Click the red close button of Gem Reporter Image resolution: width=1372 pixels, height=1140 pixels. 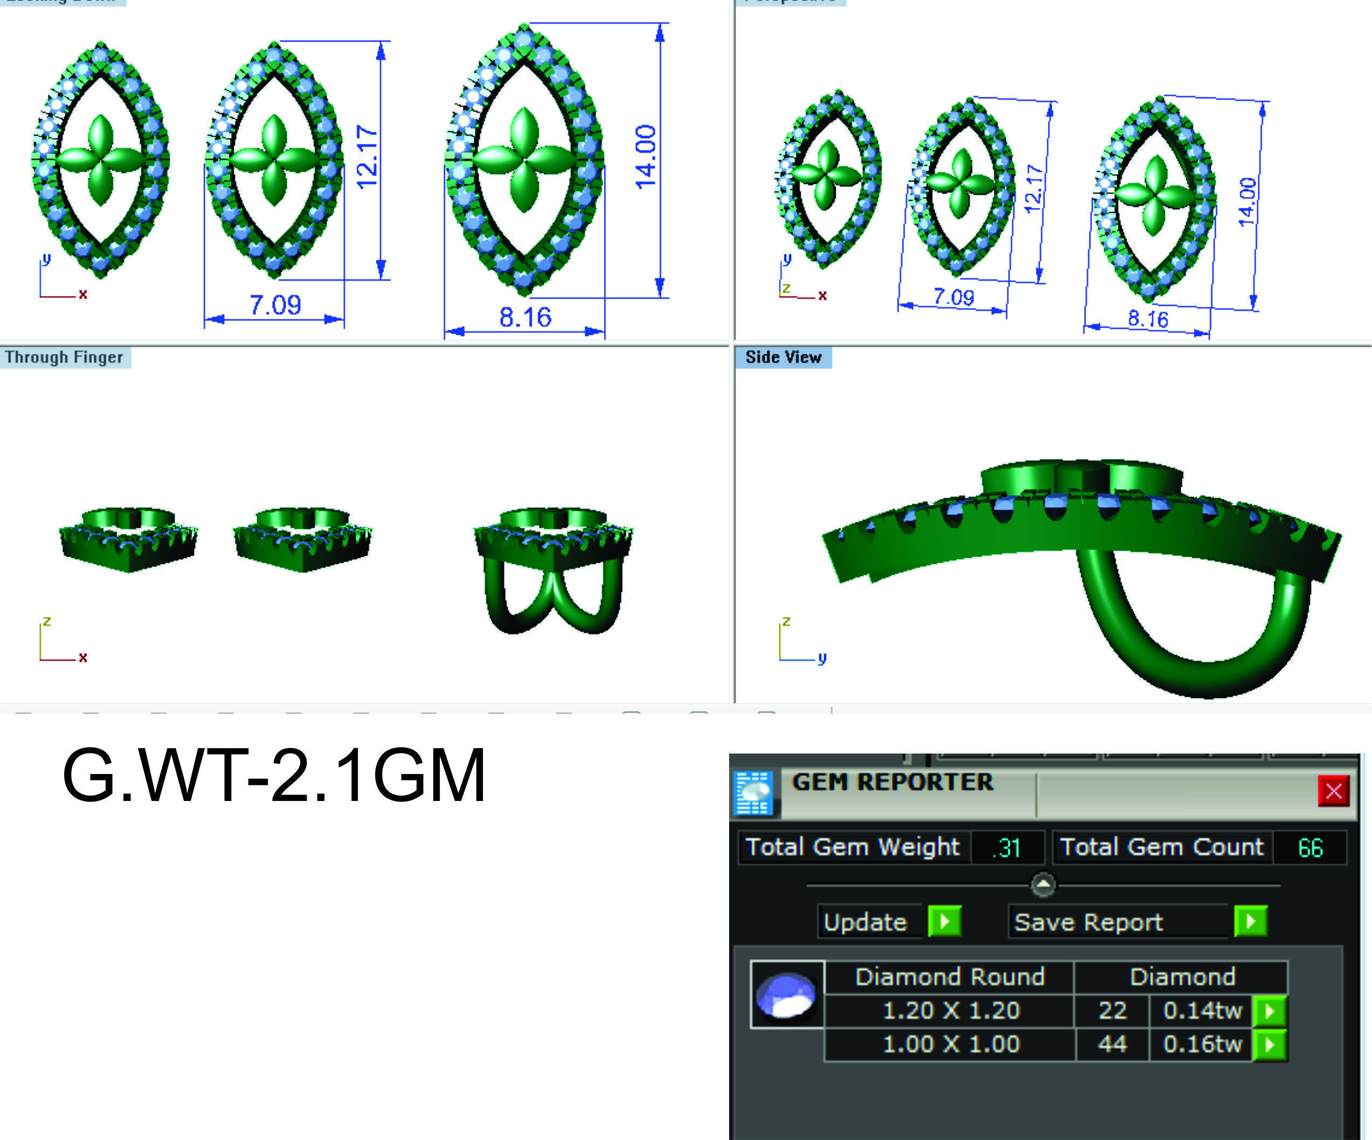(x=1333, y=791)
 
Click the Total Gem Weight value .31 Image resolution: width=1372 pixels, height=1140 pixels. (x=1007, y=848)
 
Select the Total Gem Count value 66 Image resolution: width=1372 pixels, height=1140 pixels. (x=1310, y=848)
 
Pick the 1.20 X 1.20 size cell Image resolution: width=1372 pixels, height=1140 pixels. (x=951, y=1011)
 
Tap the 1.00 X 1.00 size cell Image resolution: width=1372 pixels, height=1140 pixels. (x=951, y=1044)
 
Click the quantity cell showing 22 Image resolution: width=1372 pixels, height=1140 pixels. (x=1112, y=1011)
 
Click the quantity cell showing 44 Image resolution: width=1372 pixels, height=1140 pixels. (x=1112, y=1044)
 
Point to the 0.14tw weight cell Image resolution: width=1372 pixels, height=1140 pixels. (x=1202, y=1011)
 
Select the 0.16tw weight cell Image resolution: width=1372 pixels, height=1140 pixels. (x=1202, y=1044)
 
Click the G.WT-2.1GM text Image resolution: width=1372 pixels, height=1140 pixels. (x=274, y=776)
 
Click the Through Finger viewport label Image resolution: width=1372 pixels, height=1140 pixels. (x=64, y=357)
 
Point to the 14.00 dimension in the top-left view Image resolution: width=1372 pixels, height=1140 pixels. (x=646, y=157)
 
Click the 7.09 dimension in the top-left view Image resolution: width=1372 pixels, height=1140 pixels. (x=275, y=305)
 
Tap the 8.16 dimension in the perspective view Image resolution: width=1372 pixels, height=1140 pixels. (x=1148, y=319)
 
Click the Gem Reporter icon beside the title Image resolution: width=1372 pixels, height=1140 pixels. (x=753, y=793)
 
